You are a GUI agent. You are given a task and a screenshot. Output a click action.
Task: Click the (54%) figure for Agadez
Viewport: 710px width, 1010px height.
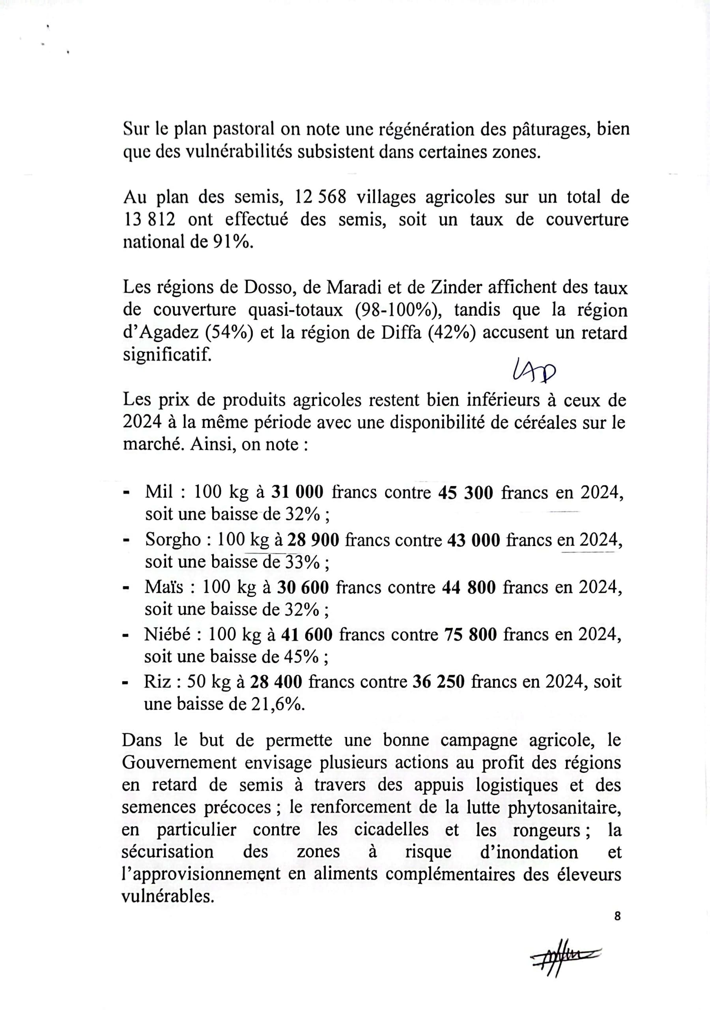point(229,333)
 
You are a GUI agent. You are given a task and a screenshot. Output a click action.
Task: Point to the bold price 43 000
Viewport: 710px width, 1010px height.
point(473,540)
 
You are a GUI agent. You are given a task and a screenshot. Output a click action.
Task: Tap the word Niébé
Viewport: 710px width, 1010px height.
point(168,634)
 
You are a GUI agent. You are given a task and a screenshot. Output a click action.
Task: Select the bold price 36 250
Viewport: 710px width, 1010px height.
point(439,681)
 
